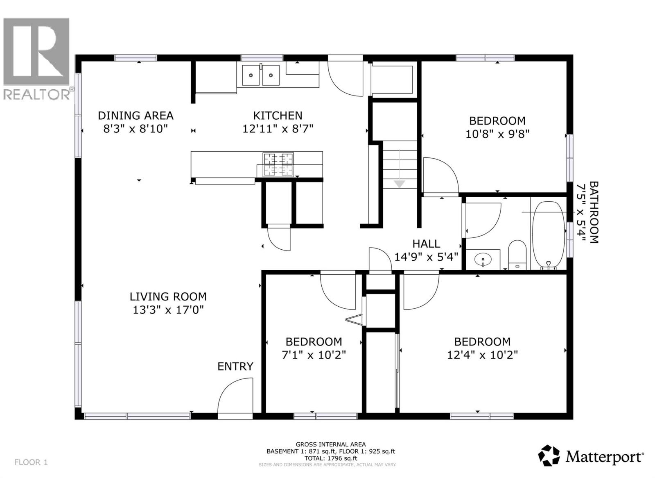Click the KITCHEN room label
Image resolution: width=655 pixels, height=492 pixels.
pos(278,116)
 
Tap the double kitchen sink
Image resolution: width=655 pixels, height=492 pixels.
pos(260,75)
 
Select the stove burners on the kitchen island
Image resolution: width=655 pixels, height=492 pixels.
pos(278,164)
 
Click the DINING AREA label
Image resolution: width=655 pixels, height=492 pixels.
pos(136,116)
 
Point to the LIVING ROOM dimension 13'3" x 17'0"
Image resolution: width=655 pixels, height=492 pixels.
pos(168,310)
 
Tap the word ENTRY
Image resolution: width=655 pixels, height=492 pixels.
pos(235,366)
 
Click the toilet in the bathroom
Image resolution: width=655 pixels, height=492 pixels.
pos(517,254)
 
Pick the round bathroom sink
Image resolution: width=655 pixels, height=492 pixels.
pos(483,260)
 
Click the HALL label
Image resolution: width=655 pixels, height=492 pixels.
pos(426,244)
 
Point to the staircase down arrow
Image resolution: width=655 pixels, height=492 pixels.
pos(399,184)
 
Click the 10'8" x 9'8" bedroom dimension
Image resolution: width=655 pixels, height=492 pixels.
pos(497,134)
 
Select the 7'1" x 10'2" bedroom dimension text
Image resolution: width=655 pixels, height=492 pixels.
pos(314,355)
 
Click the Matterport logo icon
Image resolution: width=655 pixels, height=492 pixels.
pos(549,456)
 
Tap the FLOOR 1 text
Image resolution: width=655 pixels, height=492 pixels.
pos(31,462)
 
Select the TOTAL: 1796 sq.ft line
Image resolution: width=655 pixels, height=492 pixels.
pos(330,458)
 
